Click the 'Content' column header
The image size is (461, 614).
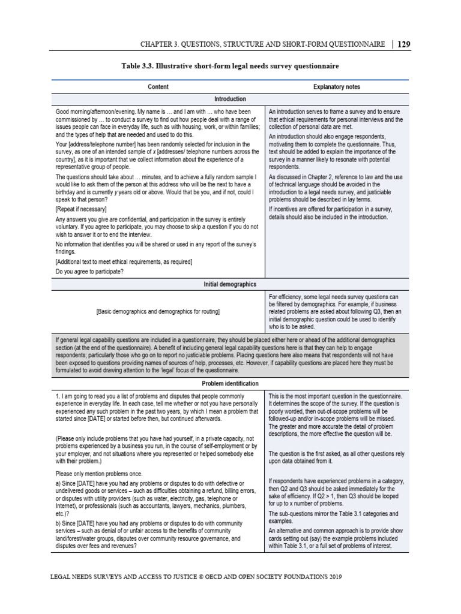pyautogui.click(x=158, y=87)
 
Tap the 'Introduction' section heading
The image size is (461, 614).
pyautogui.click(x=230, y=99)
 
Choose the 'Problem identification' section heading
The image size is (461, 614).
pyautogui.click(x=230, y=383)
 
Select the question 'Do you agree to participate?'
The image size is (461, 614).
pyautogui.click(x=89, y=272)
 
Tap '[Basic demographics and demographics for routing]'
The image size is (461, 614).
pyautogui.click(x=158, y=312)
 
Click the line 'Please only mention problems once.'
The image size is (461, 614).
pyautogui.click(x=101, y=473)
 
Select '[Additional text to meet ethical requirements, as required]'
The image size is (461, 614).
pyautogui.click(x=124, y=262)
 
